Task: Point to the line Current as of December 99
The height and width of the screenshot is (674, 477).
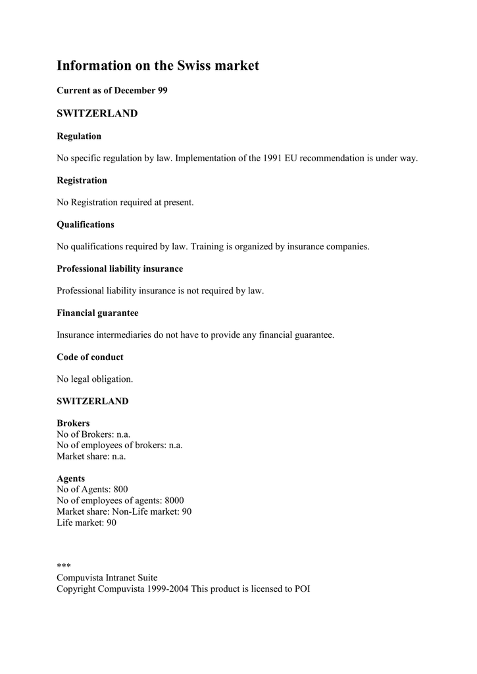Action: point(112,90)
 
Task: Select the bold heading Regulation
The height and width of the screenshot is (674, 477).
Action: point(79,136)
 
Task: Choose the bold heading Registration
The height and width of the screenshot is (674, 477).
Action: point(82,180)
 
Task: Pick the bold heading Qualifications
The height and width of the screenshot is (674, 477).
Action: point(86,224)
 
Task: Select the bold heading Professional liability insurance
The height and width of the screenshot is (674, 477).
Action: point(120,269)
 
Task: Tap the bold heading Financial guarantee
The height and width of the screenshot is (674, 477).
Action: point(97,313)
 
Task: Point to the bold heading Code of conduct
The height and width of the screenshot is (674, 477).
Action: point(90,357)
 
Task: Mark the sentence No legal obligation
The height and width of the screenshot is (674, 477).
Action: point(95,379)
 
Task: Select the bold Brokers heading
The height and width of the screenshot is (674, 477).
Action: point(73,423)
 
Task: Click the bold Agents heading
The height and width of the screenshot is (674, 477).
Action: point(70,479)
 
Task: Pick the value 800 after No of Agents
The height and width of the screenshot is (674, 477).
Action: point(120,489)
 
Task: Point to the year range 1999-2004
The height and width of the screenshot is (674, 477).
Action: point(166,589)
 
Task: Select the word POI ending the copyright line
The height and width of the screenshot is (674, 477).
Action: point(302,589)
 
